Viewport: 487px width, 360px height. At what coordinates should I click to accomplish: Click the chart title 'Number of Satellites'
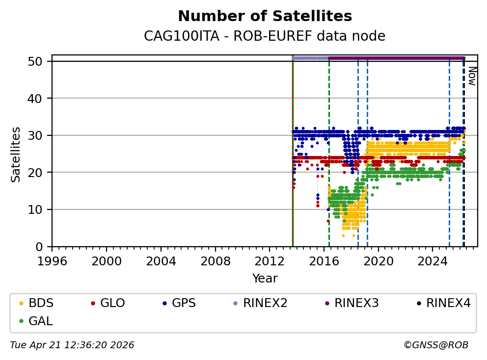(x=265, y=16)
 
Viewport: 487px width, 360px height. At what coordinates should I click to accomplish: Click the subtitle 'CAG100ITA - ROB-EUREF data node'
(x=265, y=36)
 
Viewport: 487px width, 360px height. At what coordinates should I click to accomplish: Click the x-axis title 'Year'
(x=265, y=279)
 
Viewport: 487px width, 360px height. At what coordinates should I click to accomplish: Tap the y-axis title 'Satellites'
(x=16, y=154)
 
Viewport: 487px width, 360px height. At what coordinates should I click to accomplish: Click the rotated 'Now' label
(x=471, y=76)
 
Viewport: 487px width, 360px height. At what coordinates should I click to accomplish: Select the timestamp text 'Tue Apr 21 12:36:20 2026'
(x=72, y=345)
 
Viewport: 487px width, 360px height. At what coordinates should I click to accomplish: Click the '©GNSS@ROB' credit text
(x=436, y=345)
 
